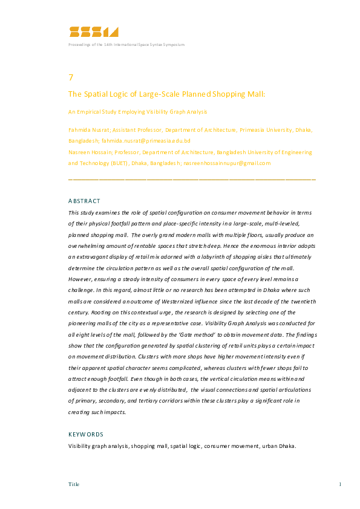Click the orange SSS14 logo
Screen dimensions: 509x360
pos(94,32)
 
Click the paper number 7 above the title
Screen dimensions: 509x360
pos(71,77)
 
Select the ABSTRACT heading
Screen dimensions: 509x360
pos(84,201)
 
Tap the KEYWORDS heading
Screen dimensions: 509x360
pos(86,434)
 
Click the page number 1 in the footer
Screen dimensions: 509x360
pos(341,484)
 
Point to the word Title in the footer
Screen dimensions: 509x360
pos(74,484)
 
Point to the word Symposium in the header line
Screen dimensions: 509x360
pos(172,45)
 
